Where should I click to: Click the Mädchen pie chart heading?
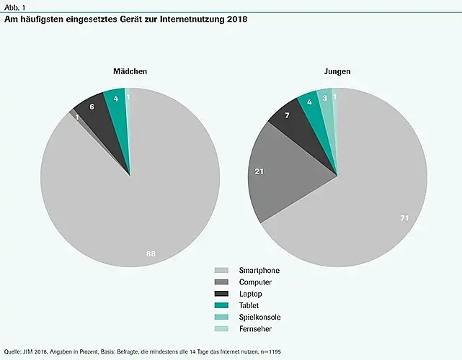[x=130, y=72]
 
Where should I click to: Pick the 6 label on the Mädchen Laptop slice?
[x=92, y=107]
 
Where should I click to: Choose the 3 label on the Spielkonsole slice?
[x=325, y=98]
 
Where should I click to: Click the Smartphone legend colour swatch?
[x=221, y=270]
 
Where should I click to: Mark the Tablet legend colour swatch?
[x=221, y=305]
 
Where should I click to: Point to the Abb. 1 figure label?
[x=15, y=6]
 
